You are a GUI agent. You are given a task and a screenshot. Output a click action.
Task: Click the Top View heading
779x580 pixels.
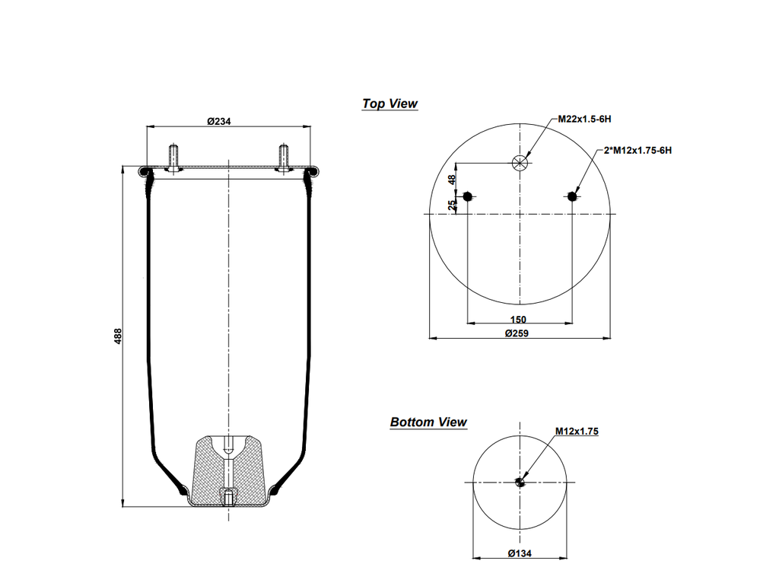click(390, 104)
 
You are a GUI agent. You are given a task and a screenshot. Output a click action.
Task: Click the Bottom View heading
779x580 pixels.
click(428, 422)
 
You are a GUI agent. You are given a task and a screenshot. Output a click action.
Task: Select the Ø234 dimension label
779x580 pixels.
click(219, 121)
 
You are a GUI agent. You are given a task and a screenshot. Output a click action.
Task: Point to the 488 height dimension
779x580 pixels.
click(118, 336)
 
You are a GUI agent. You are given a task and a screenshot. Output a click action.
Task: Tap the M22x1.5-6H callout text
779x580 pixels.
click(584, 120)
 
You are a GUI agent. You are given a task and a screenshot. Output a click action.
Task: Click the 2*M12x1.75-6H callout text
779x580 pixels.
click(638, 151)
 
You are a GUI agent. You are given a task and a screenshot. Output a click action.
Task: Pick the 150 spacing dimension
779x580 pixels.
click(518, 319)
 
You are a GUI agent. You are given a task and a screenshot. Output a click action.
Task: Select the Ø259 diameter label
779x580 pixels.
click(517, 333)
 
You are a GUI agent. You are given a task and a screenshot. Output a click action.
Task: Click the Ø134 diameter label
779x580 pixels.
click(520, 553)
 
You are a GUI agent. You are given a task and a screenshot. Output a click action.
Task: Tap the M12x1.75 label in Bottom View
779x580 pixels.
click(577, 432)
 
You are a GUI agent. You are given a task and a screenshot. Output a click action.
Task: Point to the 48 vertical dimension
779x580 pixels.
click(452, 180)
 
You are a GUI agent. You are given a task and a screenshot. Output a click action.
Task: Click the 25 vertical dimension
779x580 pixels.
click(452, 206)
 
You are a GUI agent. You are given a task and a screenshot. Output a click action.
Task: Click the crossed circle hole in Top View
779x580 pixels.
click(520, 163)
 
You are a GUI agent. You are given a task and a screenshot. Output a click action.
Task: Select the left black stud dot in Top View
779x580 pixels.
click(467, 196)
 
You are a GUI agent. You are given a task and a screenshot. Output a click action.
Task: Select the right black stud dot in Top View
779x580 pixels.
click(572, 196)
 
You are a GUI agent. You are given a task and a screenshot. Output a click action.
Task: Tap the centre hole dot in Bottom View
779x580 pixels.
click(520, 482)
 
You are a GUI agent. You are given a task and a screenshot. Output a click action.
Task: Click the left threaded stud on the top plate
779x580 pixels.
click(173, 158)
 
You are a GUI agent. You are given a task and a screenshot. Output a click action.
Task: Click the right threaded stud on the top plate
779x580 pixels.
click(283, 158)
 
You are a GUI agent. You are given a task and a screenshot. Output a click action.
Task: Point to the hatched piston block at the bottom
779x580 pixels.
click(228, 471)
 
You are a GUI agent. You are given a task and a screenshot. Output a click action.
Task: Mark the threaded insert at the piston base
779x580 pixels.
click(228, 497)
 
